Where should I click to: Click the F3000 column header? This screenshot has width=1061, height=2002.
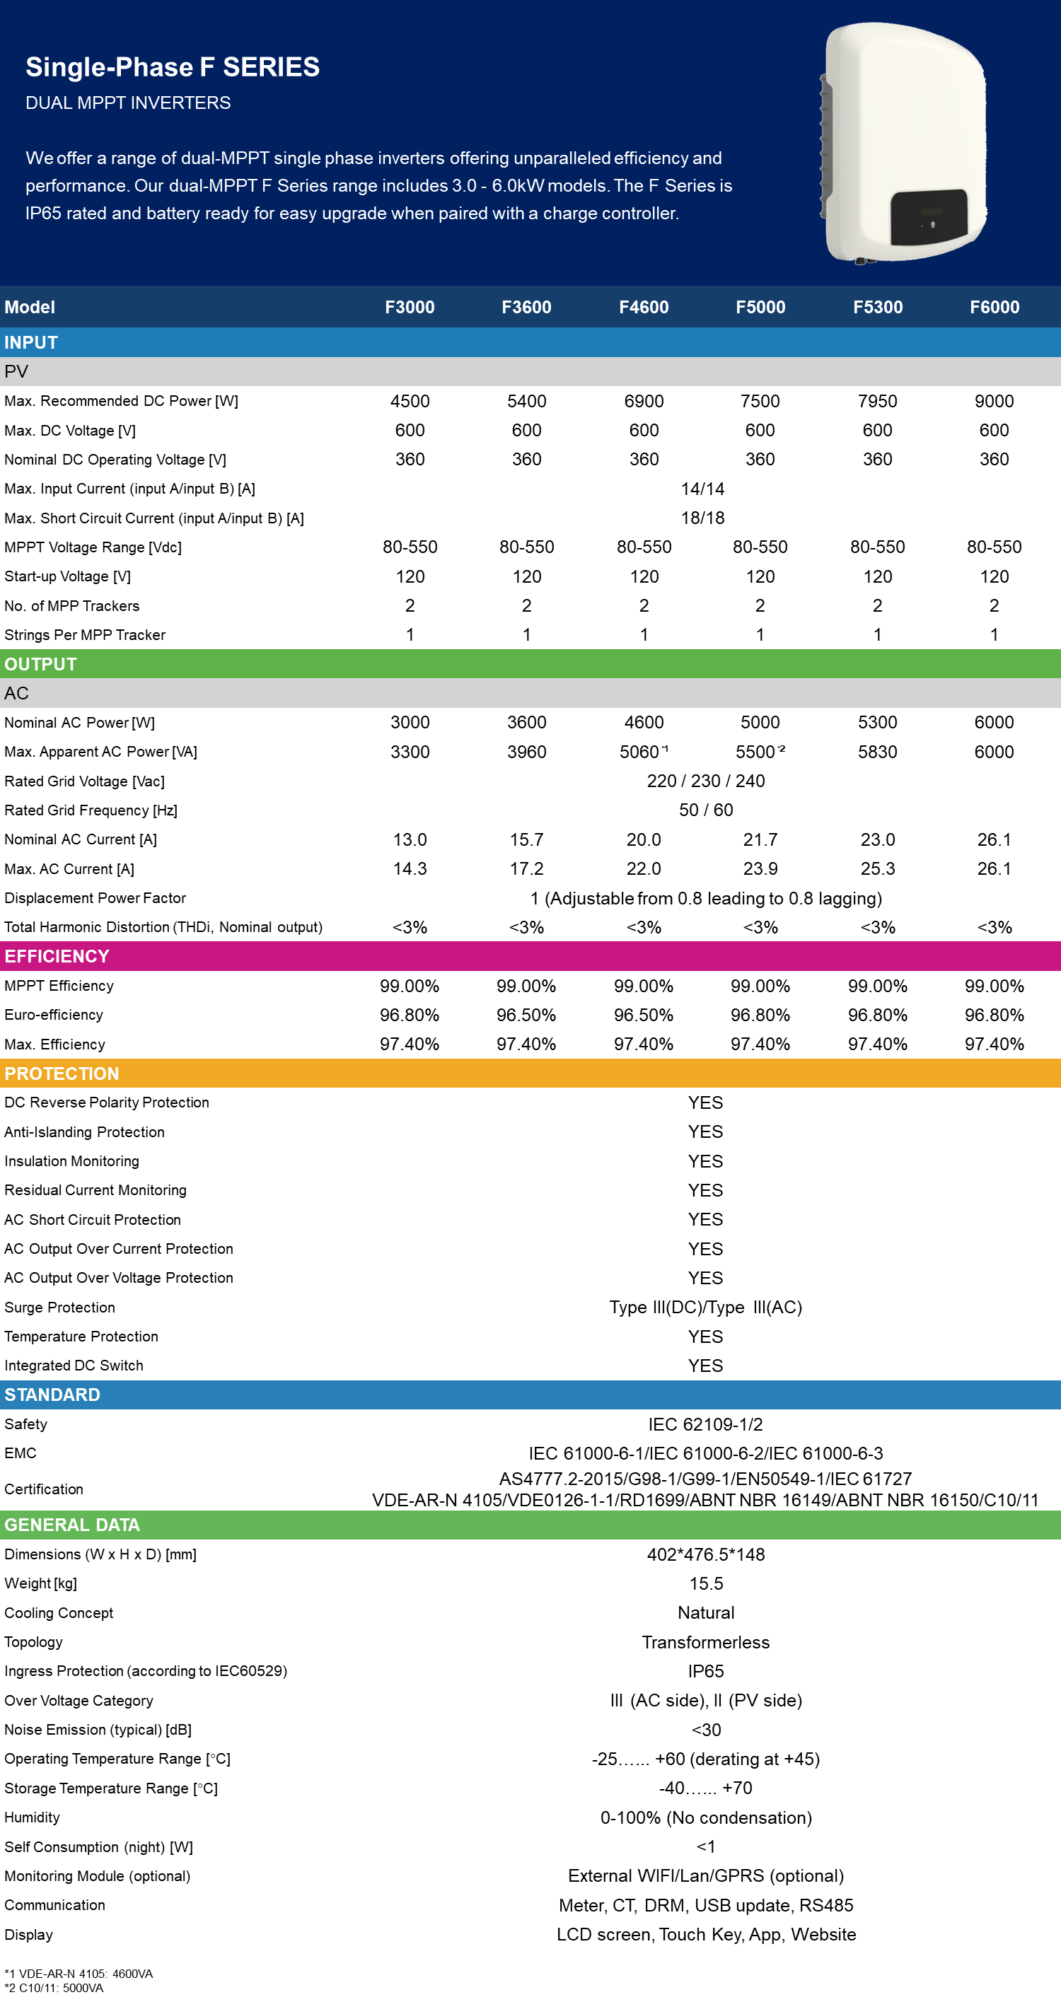tap(410, 307)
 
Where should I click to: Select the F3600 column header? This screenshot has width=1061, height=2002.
tap(526, 307)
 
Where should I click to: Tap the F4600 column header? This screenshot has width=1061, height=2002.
tap(644, 307)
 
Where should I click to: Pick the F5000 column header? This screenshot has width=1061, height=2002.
tap(760, 307)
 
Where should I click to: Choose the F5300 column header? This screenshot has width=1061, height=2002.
tap(878, 307)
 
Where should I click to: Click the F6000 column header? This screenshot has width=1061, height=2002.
tap(994, 307)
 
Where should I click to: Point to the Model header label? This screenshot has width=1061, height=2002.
tap(30, 307)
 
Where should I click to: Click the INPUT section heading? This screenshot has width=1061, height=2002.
tap(31, 343)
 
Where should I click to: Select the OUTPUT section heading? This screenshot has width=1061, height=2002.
tap(40, 665)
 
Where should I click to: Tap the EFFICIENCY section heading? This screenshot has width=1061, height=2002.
tap(57, 957)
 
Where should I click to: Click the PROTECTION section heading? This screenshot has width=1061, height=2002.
tap(62, 1074)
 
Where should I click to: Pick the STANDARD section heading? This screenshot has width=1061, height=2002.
tap(52, 1395)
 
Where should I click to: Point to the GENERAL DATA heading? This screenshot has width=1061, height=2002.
tap(72, 1525)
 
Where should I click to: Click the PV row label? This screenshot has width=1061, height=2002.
tap(16, 371)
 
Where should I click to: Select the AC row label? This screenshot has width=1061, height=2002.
tap(16, 693)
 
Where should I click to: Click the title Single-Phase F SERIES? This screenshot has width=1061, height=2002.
tap(173, 67)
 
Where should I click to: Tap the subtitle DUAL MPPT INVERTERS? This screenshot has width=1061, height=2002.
tap(128, 103)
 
